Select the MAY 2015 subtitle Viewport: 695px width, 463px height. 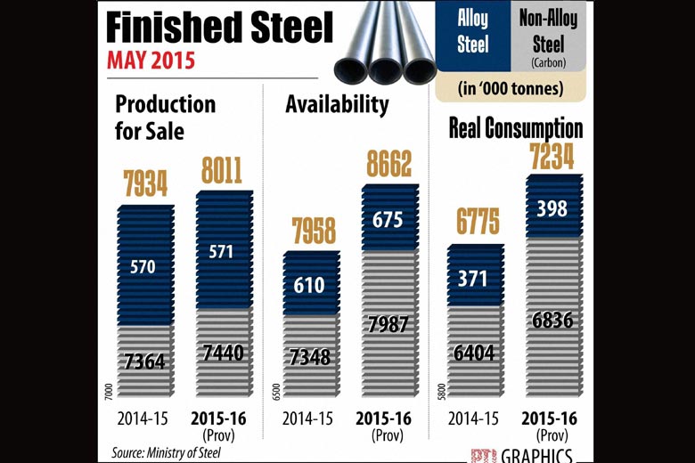tap(152, 62)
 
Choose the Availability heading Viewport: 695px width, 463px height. tap(337, 104)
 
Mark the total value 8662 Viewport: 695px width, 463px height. tap(388, 165)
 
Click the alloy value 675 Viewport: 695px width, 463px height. tap(388, 218)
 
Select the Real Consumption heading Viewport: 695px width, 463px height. tap(515, 128)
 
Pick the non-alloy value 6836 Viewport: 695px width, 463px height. tap(552, 321)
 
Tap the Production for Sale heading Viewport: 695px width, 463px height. tap(166, 118)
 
